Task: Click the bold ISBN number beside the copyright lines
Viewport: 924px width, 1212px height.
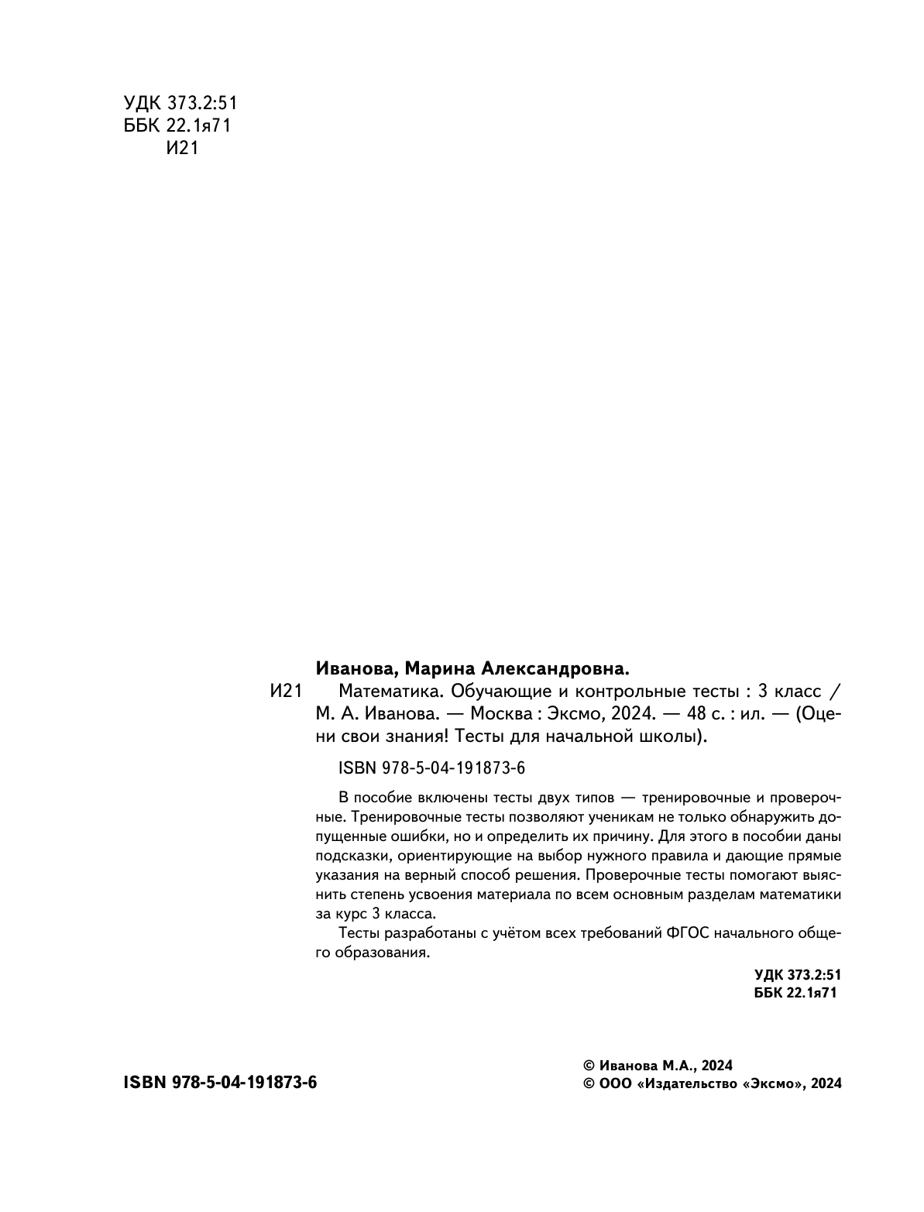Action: pos(220,1083)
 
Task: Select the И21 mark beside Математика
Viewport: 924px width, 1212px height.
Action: pos(285,692)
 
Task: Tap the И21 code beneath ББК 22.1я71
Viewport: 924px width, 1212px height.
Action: pos(183,148)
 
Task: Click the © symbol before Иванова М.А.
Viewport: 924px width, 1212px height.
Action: pos(588,1065)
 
